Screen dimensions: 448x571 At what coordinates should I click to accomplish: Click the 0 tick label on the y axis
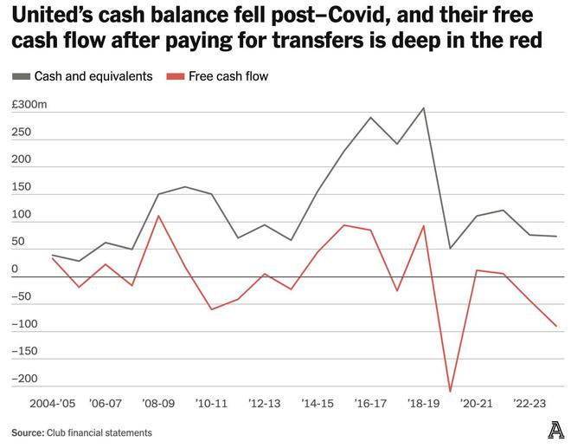click(x=16, y=269)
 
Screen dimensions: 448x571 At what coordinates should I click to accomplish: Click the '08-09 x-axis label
click(x=159, y=404)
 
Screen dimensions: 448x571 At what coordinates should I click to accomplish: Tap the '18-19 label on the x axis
click(x=424, y=404)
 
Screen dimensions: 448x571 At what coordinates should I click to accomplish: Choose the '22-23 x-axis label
click(x=529, y=404)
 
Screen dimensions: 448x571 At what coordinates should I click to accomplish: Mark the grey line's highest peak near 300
click(x=424, y=108)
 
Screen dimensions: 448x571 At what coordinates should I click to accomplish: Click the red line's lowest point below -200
click(x=450, y=392)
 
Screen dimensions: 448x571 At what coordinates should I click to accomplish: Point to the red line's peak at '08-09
click(x=158, y=216)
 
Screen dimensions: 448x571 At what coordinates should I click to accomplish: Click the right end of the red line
click(x=556, y=327)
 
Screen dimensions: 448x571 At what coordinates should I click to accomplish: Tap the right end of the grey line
click(x=556, y=237)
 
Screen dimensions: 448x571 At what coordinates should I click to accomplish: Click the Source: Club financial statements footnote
click(x=81, y=432)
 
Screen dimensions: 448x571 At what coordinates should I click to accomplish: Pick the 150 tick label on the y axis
click(x=21, y=186)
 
